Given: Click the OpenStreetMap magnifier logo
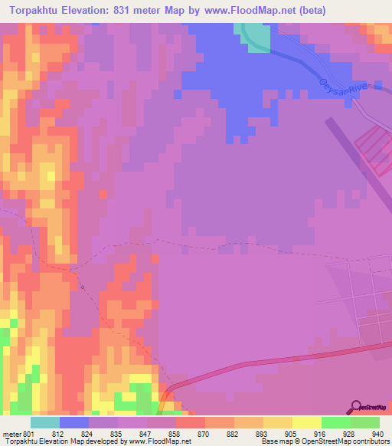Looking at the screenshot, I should tap(357, 407).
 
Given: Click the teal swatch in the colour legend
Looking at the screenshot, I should tap(44, 422).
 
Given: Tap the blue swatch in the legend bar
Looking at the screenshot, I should tap(74, 422).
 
